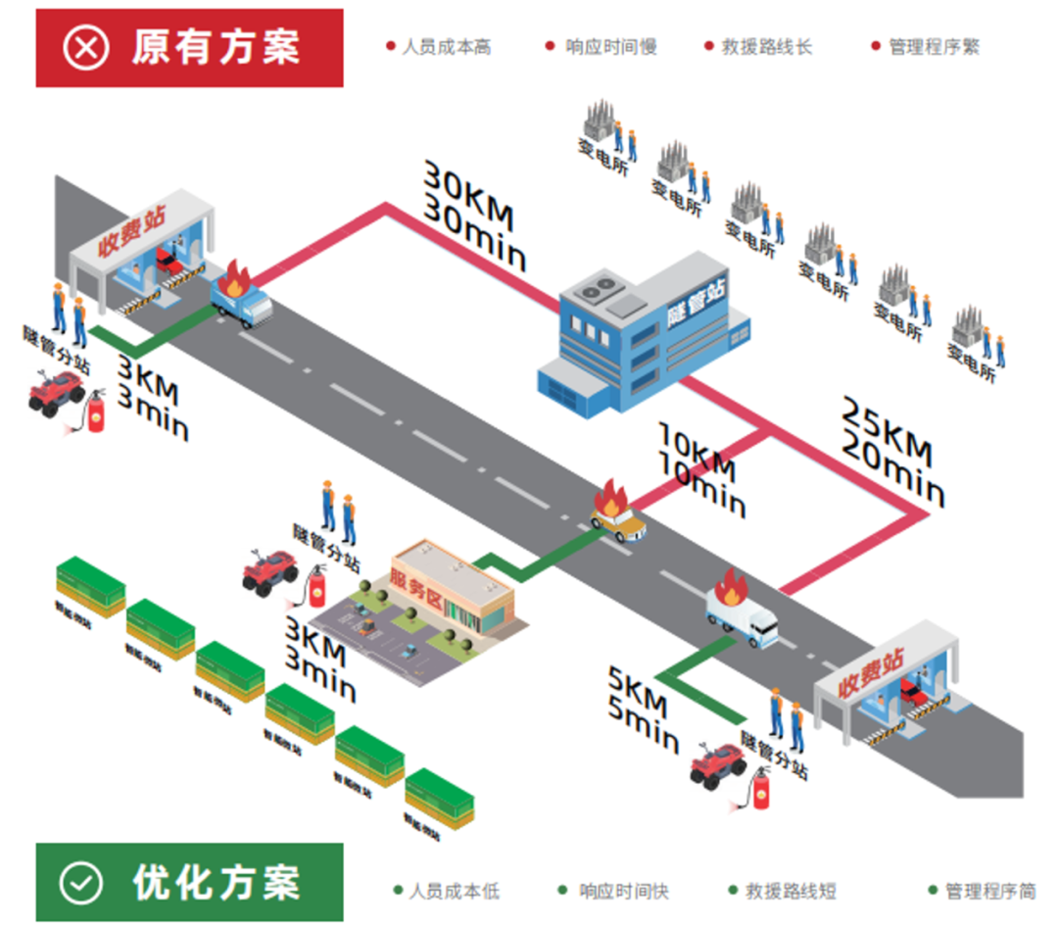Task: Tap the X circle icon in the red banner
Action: click(x=86, y=47)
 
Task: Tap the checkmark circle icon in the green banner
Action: click(x=80, y=883)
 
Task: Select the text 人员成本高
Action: click(x=446, y=47)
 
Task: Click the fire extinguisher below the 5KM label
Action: click(x=759, y=789)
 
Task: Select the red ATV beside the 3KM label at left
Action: click(x=57, y=393)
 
